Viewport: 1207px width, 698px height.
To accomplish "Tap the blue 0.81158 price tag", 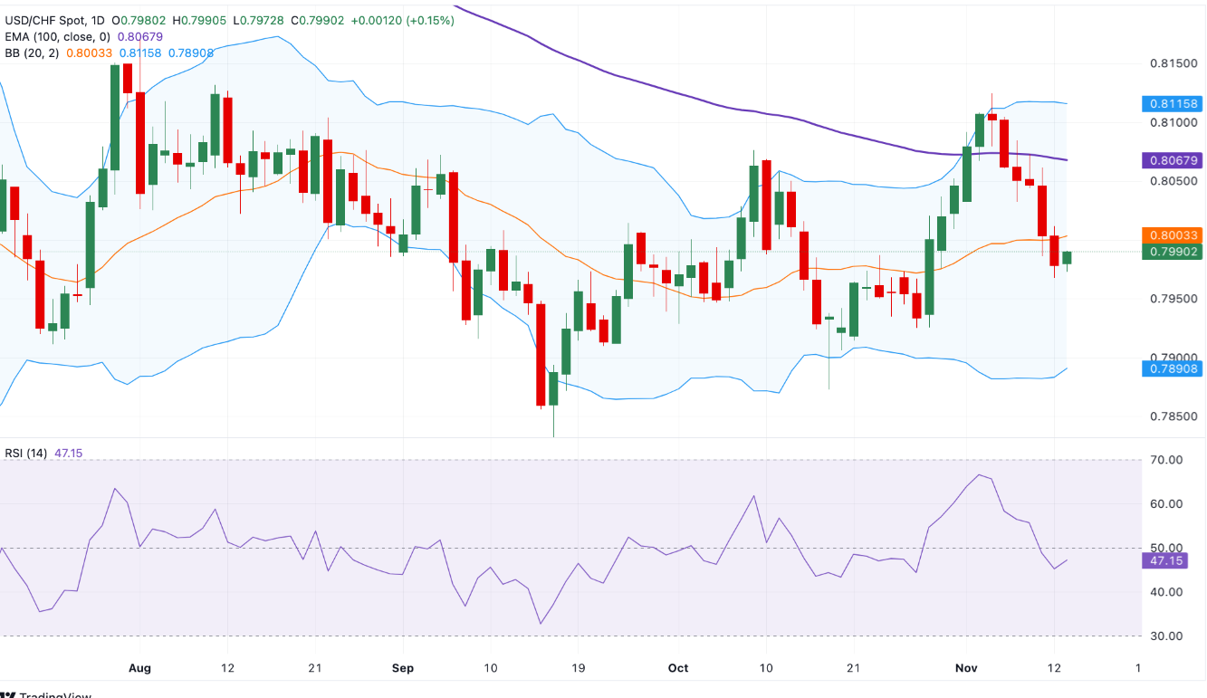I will (1172, 103).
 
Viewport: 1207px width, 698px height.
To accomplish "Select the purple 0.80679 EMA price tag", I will (1172, 160).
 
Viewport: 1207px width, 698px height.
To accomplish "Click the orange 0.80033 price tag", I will (1172, 234).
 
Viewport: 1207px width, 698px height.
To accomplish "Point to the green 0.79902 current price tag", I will (1172, 252).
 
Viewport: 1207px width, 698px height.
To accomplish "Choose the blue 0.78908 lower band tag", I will (1172, 368).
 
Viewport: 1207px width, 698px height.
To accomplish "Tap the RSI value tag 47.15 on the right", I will (1165, 561).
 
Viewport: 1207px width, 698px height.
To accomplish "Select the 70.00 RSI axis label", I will (1165, 460).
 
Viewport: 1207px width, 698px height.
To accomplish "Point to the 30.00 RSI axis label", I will (1165, 636).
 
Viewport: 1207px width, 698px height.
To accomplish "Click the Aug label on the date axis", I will (139, 668).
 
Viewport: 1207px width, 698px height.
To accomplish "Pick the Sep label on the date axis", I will (403, 668).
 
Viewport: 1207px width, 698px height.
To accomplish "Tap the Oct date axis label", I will (677, 668).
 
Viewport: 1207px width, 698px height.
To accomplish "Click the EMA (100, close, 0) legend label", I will (56, 36).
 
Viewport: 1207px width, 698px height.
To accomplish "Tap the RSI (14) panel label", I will (24, 453).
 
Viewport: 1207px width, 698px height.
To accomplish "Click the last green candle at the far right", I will (1067, 258).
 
